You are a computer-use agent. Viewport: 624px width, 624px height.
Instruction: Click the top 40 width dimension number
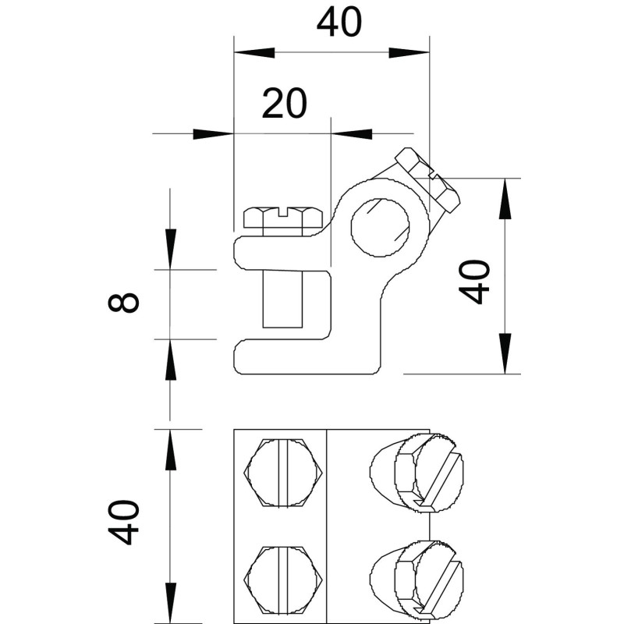coord(339,23)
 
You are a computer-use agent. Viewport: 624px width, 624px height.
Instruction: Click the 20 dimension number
coord(285,104)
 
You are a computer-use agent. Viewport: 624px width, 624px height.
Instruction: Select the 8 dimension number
coord(123,302)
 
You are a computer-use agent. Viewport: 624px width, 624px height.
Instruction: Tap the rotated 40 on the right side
coord(474,282)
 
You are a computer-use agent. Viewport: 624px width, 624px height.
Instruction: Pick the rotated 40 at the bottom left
coord(123,522)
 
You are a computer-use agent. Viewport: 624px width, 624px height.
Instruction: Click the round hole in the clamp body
coord(380,226)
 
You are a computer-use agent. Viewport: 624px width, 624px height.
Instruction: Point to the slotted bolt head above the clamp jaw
coord(283,218)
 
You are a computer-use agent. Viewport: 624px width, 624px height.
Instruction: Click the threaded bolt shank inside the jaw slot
coord(282,299)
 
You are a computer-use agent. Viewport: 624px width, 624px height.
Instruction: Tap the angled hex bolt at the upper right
coord(427,179)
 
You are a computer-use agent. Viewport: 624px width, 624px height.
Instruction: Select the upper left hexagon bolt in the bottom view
coord(283,473)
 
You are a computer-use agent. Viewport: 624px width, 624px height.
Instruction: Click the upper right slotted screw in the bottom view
coord(417,472)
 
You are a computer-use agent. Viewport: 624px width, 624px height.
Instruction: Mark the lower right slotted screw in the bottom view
coord(417,580)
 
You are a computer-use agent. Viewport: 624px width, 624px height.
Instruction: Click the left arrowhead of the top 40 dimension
coord(255,52)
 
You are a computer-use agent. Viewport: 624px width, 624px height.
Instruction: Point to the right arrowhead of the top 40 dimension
coord(409,52)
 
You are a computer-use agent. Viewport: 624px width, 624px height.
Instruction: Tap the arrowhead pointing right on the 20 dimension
coord(213,134)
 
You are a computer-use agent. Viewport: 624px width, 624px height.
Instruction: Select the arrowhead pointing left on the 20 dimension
coord(352,134)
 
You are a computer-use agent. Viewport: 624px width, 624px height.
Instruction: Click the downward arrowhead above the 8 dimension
coord(171,249)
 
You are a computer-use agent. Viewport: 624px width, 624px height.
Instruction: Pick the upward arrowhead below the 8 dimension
coord(171,360)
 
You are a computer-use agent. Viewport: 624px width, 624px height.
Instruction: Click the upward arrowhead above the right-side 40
coord(505,199)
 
